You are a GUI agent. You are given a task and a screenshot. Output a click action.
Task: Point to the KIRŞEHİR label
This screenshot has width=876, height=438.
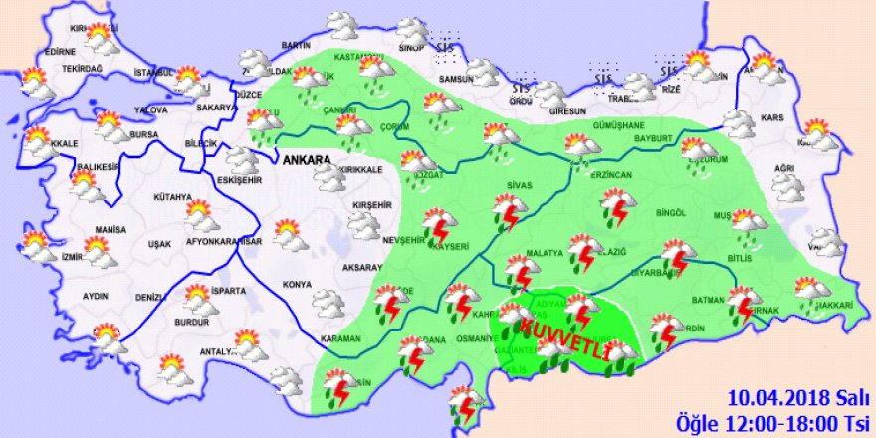367,204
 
